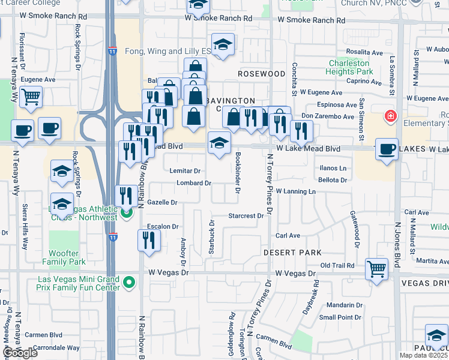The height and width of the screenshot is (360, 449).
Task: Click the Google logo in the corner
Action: tap(20, 353)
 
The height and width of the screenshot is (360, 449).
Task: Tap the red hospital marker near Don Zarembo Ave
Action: tap(391, 115)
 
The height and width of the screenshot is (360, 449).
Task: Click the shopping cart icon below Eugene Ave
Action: tap(31, 96)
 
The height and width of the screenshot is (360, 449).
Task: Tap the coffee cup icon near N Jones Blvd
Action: tap(387, 148)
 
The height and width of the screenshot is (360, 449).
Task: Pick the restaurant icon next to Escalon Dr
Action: tap(148, 240)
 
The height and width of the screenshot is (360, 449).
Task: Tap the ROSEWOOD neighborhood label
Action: tap(261, 74)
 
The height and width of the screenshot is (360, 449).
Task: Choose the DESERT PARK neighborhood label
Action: tap(292, 253)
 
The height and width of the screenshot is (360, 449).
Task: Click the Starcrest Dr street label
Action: tap(246, 215)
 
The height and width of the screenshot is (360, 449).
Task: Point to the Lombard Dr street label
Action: tap(193, 183)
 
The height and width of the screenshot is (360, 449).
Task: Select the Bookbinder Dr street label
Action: tap(238, 173)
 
